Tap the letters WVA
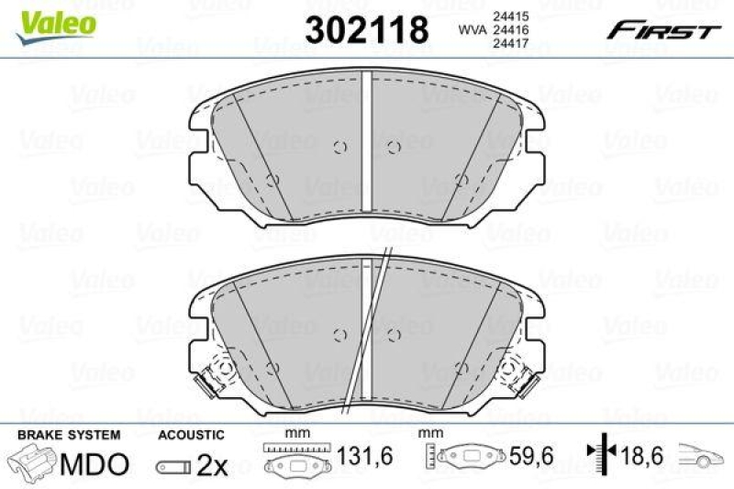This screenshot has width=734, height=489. click(472, 29)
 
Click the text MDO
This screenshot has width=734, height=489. click(94, 464)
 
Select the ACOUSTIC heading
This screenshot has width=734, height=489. click(191, 434)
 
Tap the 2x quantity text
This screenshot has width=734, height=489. click(213, 465)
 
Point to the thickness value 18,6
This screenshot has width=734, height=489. click(643, 457)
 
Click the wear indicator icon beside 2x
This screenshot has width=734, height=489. click(174, 466)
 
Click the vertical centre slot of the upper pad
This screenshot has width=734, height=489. click(365, 147)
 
